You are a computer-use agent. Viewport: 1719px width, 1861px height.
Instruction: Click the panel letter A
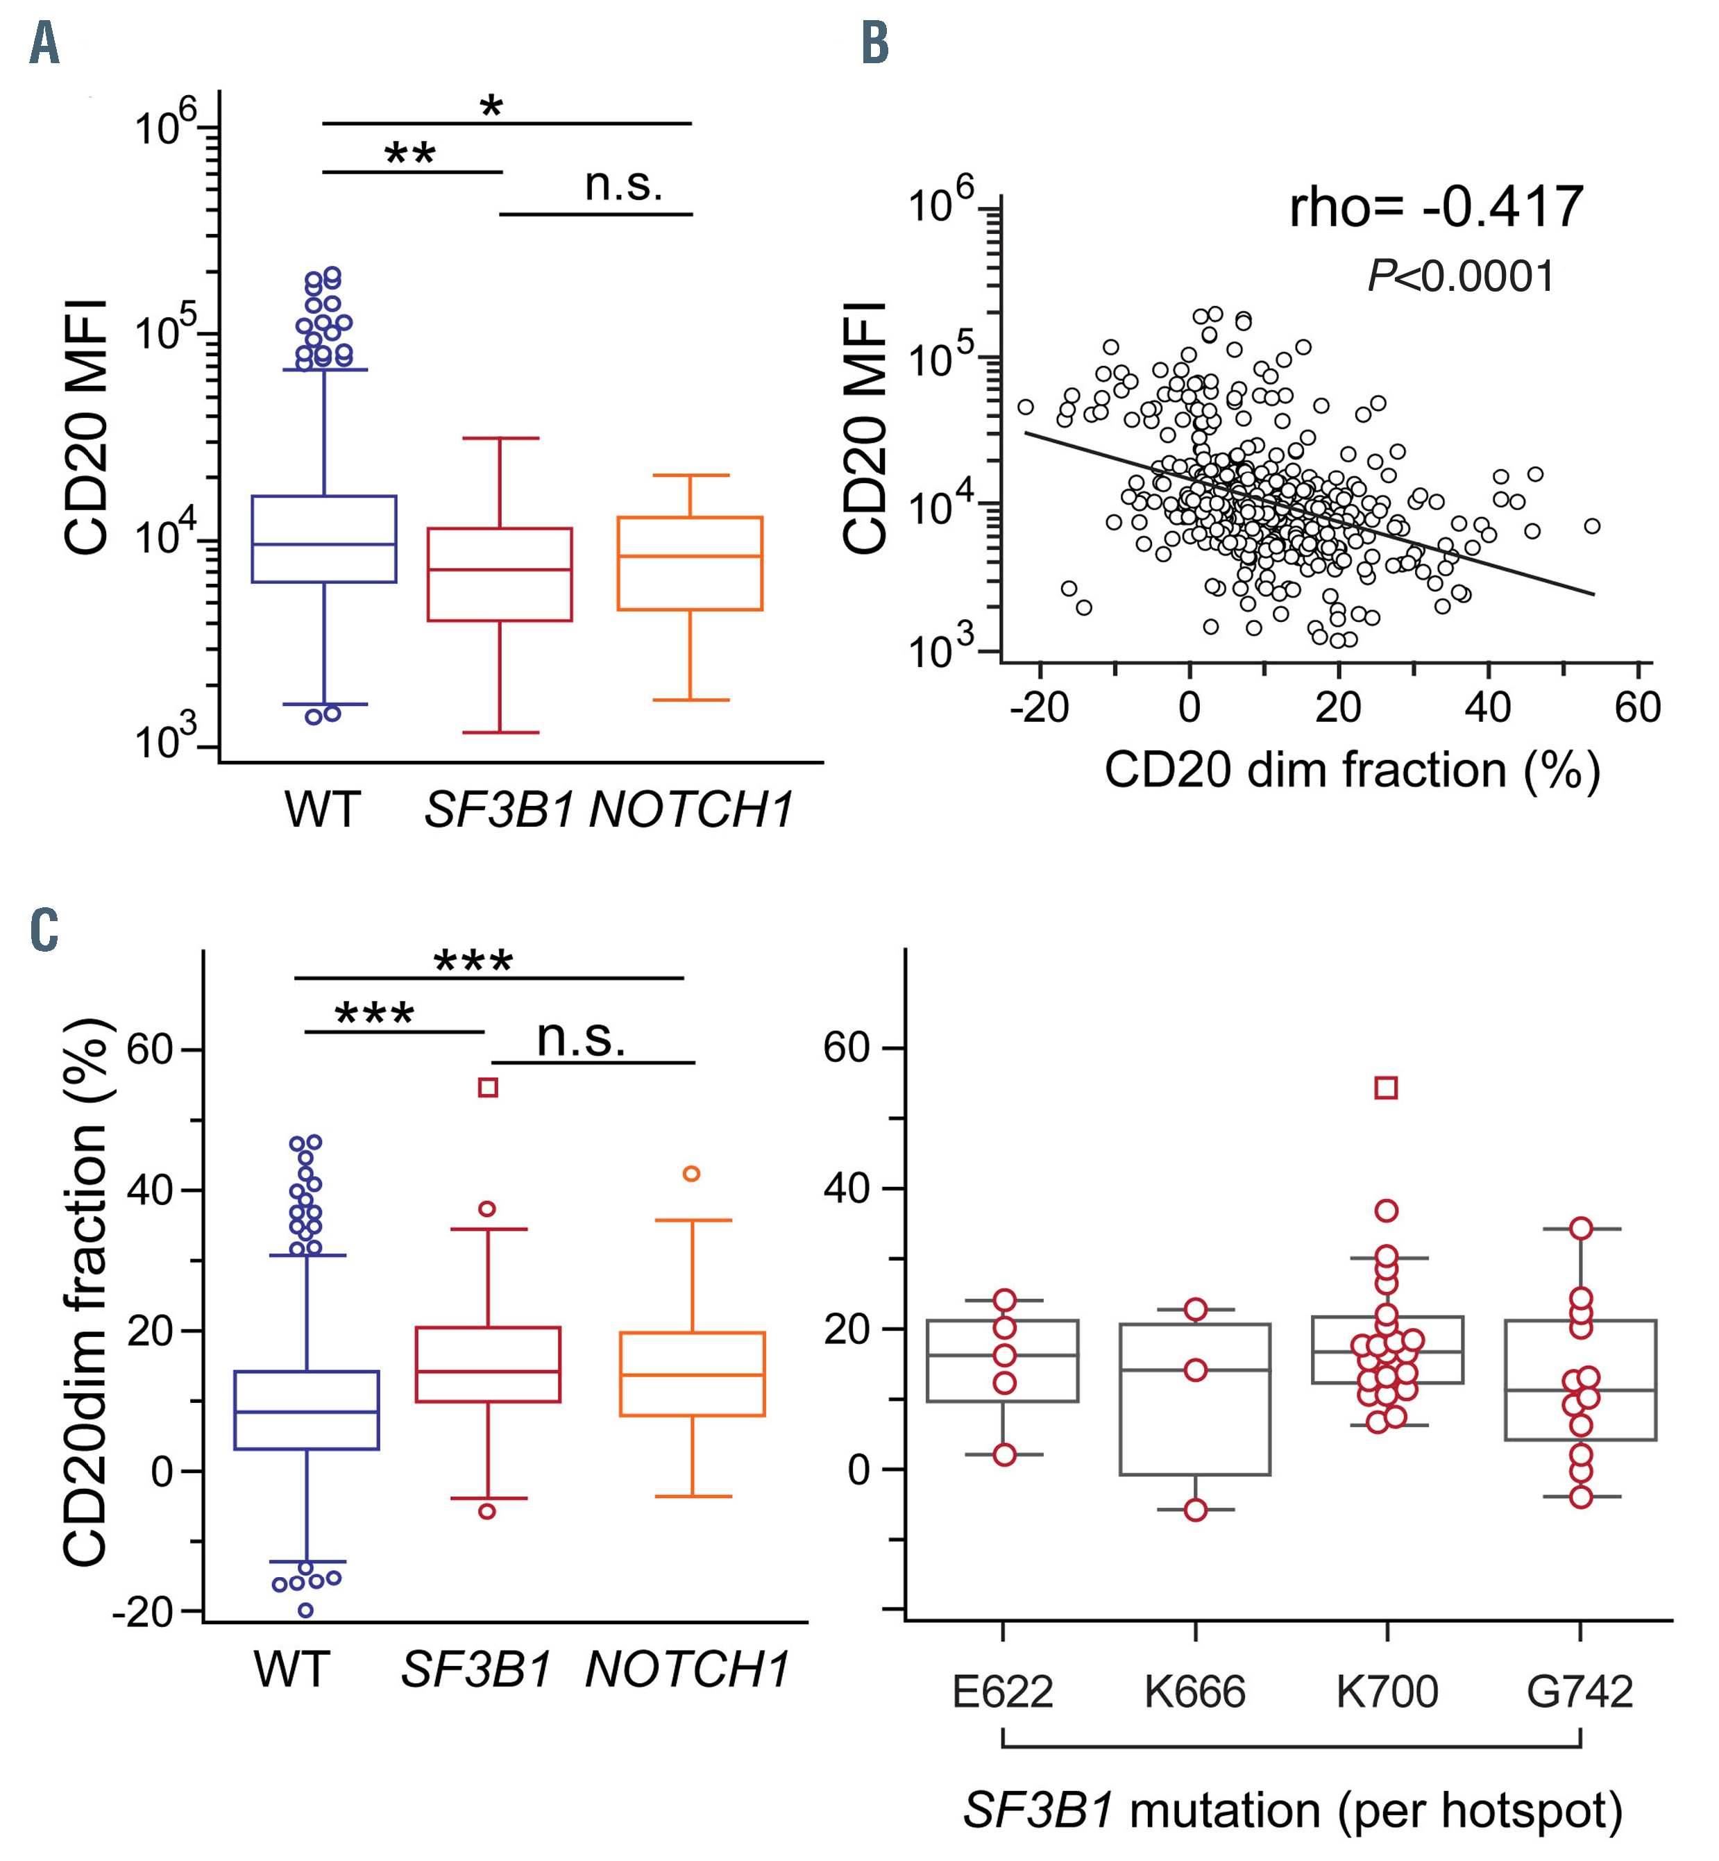[44, 44]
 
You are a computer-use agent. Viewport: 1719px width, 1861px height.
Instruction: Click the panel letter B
[874, 44]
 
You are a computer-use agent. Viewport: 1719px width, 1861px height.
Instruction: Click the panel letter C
[44, 929]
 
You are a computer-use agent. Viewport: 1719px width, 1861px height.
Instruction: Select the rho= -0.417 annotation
[1435, 207]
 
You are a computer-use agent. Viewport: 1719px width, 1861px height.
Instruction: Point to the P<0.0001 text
[1460, 276]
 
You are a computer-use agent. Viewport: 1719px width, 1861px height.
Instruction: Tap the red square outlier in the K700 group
[1386, 1088]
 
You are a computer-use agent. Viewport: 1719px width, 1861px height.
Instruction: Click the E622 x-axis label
[1002, 1691]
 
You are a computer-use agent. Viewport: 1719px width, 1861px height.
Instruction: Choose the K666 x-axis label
[1194, 1691]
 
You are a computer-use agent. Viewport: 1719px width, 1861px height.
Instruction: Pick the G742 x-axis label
[1580, 1691]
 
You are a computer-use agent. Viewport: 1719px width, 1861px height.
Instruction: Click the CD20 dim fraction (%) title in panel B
[1352, 771]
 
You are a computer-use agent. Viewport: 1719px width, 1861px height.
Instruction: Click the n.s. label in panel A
[623, 184]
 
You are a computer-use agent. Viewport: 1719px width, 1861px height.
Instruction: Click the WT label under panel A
[322, 809]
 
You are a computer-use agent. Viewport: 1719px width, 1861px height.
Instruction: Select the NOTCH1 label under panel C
[688, 1669]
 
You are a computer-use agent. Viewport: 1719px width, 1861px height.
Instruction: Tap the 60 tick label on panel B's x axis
[1637, 708]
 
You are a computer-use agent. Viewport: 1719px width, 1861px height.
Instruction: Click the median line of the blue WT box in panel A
[323, 544]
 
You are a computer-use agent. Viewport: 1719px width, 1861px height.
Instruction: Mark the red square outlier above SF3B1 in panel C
[487, 1088]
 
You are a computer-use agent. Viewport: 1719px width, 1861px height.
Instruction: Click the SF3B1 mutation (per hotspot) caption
[1293, 1810]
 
